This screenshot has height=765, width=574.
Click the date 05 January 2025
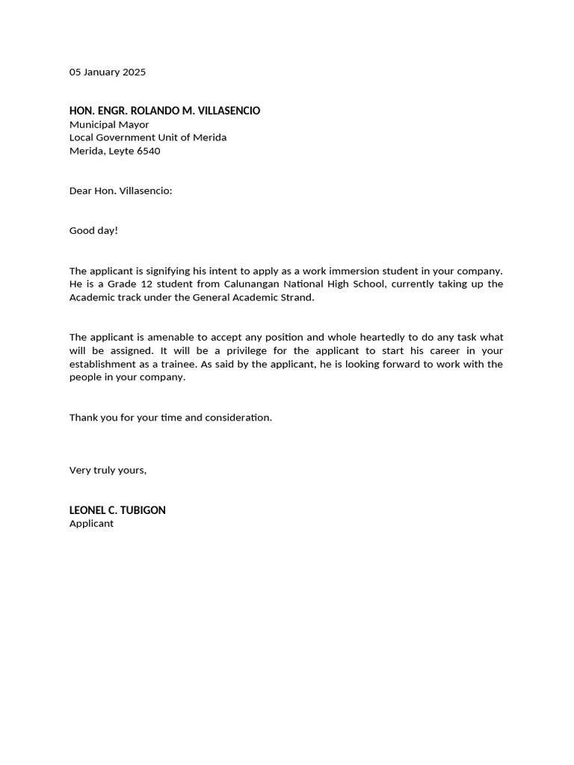[108, 72]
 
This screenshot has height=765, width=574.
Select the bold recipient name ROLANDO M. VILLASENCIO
[195, 111]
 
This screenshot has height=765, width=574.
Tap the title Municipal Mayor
[109, 125]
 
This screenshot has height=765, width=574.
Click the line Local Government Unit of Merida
[148, 137]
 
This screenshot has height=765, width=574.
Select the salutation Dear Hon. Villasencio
[120, 191]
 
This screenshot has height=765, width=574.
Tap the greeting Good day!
[93, 230]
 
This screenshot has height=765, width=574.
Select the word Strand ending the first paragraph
[297, 297]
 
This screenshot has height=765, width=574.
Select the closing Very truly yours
[108, 470]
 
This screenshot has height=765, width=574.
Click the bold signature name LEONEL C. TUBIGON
[117, 510]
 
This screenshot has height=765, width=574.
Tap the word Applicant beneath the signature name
[91, 524]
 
